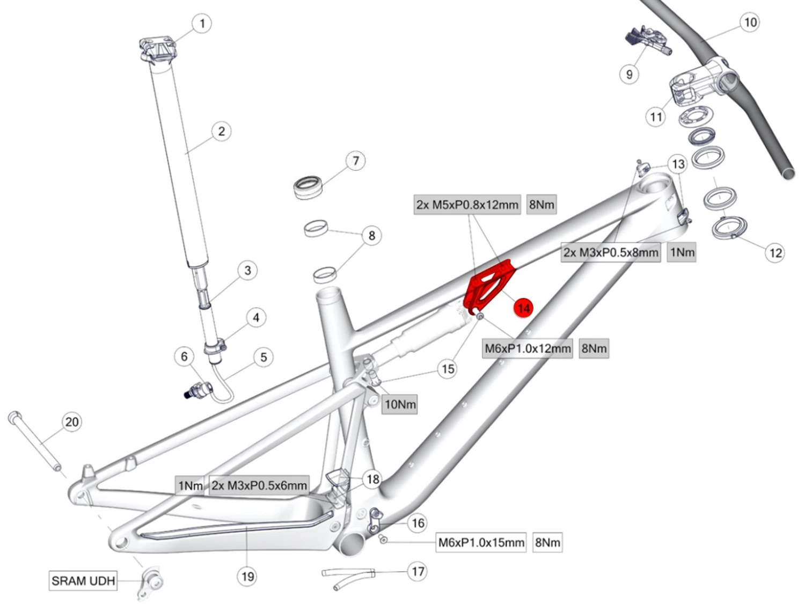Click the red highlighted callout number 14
coord(523,308)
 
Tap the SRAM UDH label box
coord(83,580)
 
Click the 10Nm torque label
coord(400,404)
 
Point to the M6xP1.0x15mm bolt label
coord(481,542)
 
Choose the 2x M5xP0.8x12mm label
coord(467,205)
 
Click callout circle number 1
coord(202,24)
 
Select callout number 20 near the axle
coord(71,422)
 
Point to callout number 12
coord(775,252)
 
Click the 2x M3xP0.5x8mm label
coord(611,252)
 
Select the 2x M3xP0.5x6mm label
coord(259,485)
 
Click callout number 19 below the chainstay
coord(247,576)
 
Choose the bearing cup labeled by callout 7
coord(308,186)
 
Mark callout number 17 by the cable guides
coord(418,571)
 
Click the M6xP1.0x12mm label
coord(528,348)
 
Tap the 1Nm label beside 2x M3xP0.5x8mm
coord(682,252)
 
